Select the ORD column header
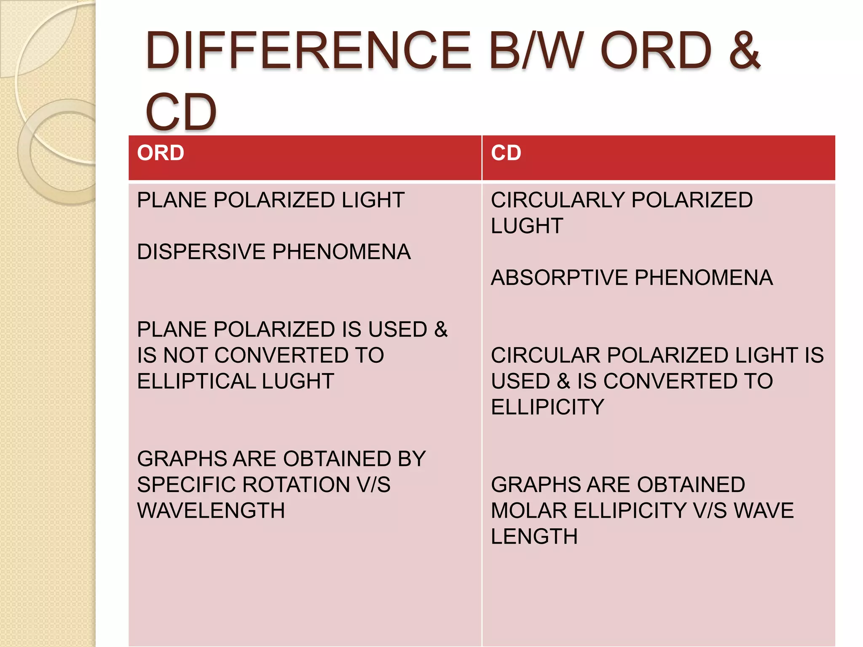(x=161, y=153)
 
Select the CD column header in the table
(x=506, y=153)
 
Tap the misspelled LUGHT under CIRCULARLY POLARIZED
(x=527, y=226)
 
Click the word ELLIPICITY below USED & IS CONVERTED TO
(x=547, y=407)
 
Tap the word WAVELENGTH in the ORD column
(x=211, y=511)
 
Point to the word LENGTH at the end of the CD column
(x=534, y=537)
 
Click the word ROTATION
(x=296, y=485)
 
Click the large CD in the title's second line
(x=181, y=112)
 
